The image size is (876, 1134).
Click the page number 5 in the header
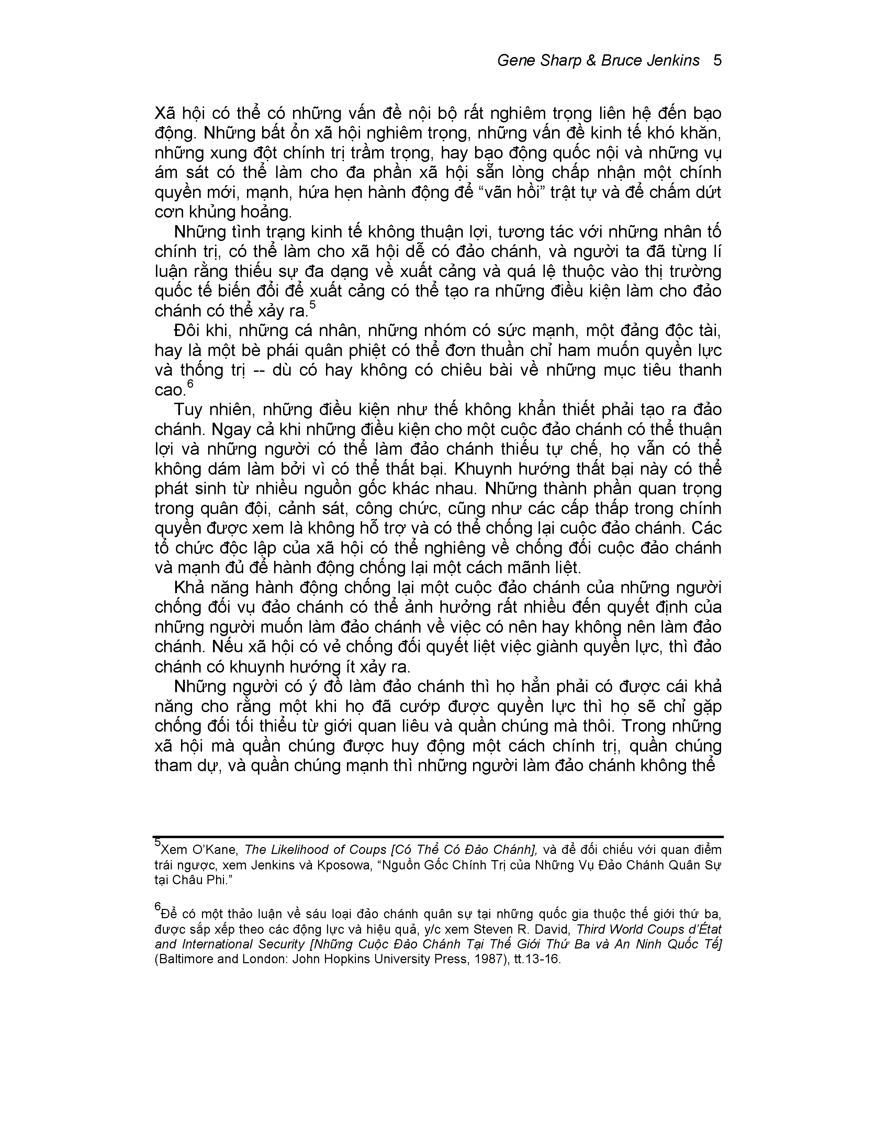click(717, 61)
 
